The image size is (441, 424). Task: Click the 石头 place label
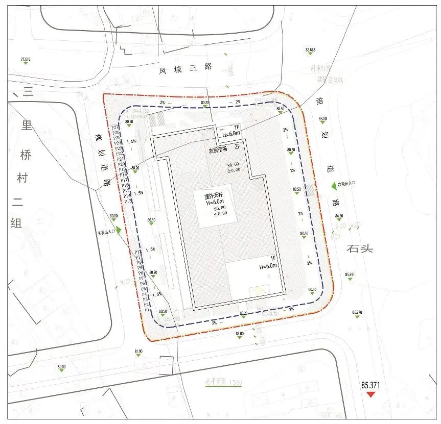(360, 248)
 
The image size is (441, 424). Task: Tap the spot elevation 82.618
(310, 49)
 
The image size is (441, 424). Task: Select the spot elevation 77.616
(26, 59)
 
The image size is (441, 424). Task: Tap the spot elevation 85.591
(350, 275)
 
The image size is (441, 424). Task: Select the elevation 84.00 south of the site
(239, 334)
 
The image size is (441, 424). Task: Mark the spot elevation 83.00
(322, 119)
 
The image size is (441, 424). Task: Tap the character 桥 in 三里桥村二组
(25, 155)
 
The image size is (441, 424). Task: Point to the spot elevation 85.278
(357, 312)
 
